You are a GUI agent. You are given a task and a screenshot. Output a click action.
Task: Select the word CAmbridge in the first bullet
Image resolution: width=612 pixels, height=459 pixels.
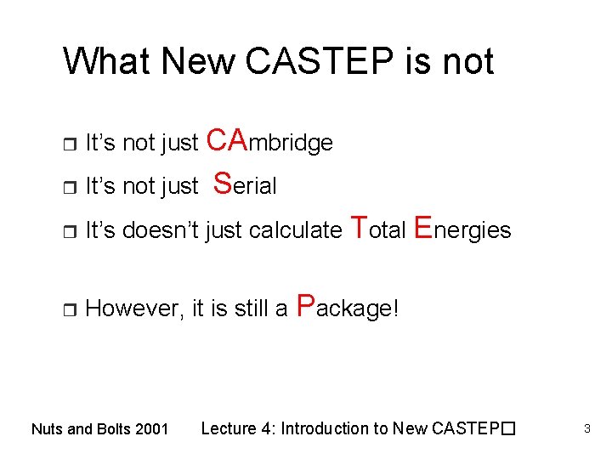(269, 140)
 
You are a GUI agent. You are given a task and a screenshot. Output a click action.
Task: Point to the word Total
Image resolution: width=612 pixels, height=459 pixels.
(377, 228)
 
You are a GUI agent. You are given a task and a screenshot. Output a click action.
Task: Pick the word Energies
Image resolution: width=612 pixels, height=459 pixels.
(462, 228)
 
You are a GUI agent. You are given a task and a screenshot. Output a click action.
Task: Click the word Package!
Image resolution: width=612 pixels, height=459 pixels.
(347, 307)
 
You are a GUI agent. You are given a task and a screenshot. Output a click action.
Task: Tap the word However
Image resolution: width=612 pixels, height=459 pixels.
(131, 309)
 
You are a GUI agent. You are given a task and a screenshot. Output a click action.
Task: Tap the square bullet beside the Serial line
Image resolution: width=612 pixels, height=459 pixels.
(69, 187)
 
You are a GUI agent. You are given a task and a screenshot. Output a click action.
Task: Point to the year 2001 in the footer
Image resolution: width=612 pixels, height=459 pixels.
(152, 429)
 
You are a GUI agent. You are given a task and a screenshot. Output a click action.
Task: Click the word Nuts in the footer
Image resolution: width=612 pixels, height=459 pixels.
(47, 429)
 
